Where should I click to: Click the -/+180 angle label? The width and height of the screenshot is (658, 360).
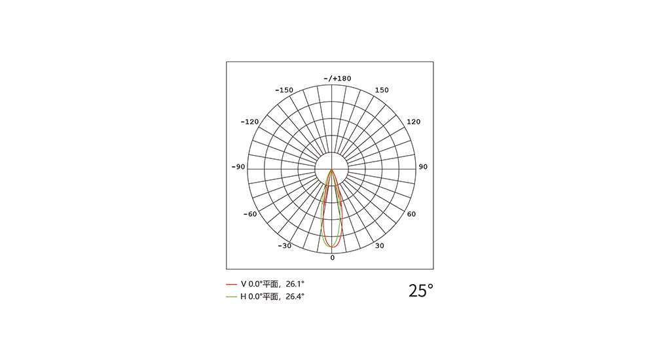coord(337,79)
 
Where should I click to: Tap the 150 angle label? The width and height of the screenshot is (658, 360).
coord(382,90)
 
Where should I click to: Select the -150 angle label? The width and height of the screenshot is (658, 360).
coord(284,90)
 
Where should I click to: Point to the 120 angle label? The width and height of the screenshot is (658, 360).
coord(413,122)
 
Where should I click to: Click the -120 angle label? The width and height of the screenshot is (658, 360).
coord(249,122)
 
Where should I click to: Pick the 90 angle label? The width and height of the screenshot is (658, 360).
coord(423,167)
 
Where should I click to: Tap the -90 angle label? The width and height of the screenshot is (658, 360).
coord(238,167)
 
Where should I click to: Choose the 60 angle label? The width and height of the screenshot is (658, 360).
coord(411,215)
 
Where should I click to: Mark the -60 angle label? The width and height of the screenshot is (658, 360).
coord(249,215)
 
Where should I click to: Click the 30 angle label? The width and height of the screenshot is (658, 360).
coord(379,246)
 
